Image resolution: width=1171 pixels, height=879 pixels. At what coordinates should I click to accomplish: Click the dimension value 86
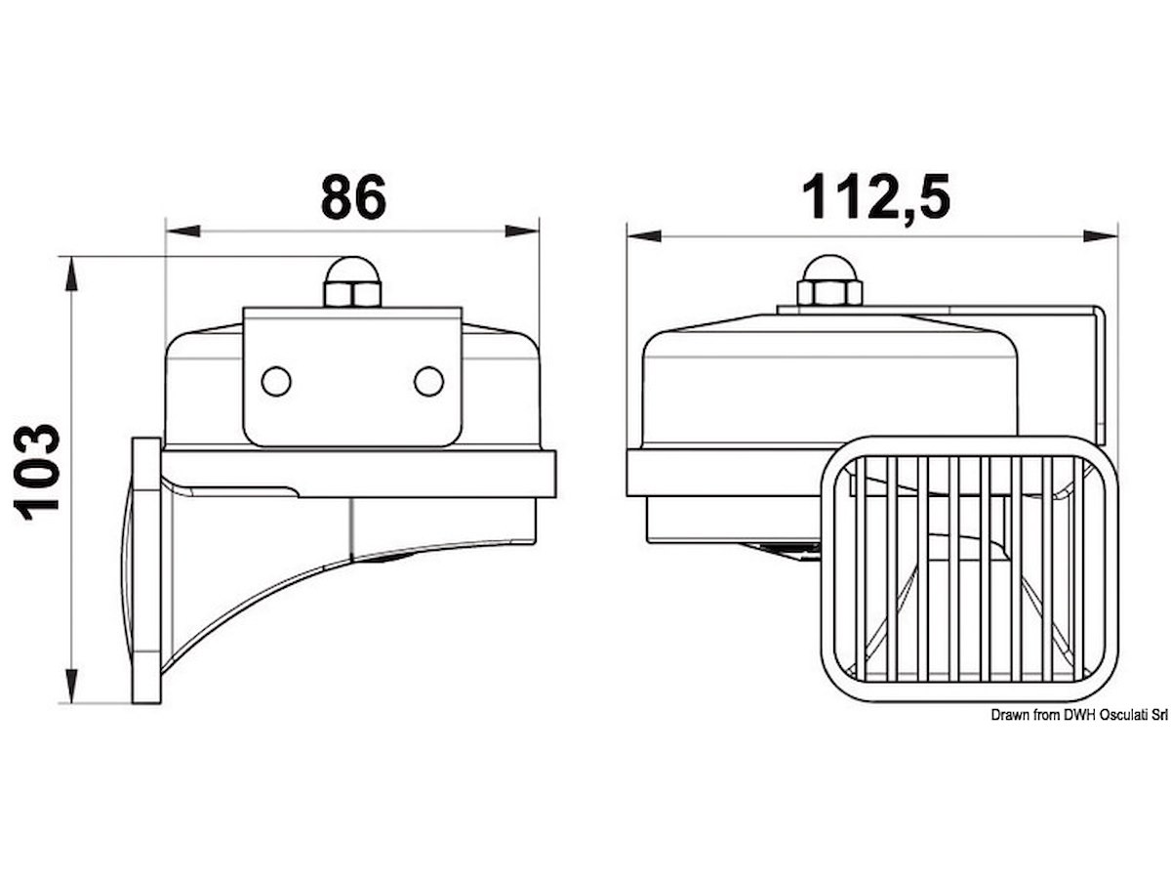coord(353,196)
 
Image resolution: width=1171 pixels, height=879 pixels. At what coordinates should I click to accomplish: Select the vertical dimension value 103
coord(36,472)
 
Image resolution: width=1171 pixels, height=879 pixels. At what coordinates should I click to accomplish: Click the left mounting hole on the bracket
coord(276,381)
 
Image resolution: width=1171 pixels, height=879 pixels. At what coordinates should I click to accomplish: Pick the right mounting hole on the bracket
coord(429,381)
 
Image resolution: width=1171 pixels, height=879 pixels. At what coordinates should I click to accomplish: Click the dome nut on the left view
coord(352,282)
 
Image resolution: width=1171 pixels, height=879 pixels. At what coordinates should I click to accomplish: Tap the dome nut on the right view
coord(829,280)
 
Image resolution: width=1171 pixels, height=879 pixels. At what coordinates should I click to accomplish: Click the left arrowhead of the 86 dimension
coord(183,231)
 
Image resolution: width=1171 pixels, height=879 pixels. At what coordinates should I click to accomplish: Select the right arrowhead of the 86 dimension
coord(522,231)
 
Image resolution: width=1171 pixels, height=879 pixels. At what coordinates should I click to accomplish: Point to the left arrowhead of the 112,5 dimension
coord(644,235)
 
